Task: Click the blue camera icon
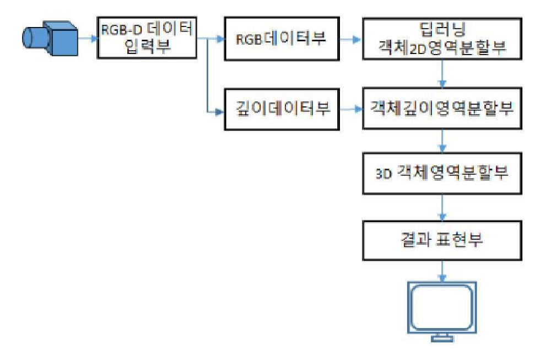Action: tap(50, 38)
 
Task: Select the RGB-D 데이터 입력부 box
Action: tap(147, 37)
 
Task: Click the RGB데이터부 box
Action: tap(282, 39)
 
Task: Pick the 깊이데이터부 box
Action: tap(282, 109)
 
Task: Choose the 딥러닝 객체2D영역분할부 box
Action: tap(442, 39)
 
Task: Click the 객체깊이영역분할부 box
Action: tap(442, 109)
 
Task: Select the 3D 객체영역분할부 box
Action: tap(442, 173)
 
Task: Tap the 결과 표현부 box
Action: tap(442, 240)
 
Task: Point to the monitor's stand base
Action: tap(442, 338)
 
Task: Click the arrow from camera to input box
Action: tap(88, 38)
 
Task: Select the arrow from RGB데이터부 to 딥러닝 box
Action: tap(351, 40)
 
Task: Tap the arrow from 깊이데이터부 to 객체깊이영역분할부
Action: tap(351, 109)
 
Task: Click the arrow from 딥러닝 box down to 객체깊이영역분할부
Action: tap(442, 74)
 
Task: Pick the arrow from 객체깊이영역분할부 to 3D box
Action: tap(442, 141)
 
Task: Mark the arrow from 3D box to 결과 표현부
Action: tap(442, 207)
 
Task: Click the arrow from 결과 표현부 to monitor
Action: tap(442, 271)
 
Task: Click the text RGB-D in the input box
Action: tap(121, 30)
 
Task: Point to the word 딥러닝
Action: tap(442, 29)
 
